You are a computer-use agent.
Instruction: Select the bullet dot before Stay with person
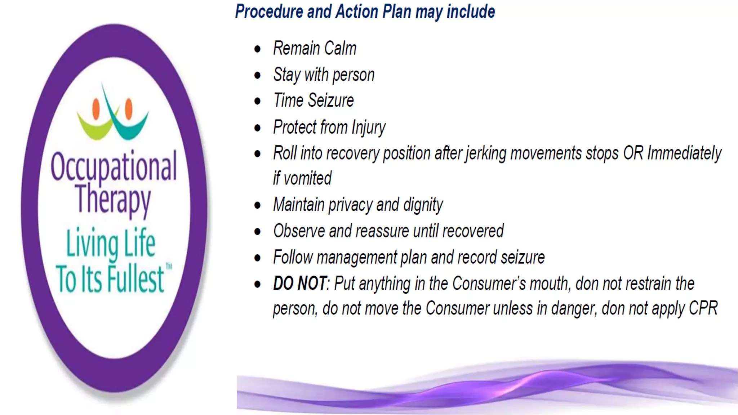click(x=257, y=75)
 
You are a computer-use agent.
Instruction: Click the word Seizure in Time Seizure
click(x=331, y=100)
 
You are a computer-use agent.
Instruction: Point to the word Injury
click(x=368, y=128)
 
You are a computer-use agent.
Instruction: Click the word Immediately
click(x=684, y=153)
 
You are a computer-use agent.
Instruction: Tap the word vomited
click(x=307, y=178)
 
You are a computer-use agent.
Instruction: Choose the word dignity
click(x=423, y=205)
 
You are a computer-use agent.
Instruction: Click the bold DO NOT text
click(x=300, y=284)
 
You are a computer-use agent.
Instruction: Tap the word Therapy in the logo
click(x=113, y=199)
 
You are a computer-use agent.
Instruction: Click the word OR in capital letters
click(x=633, y=153)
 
